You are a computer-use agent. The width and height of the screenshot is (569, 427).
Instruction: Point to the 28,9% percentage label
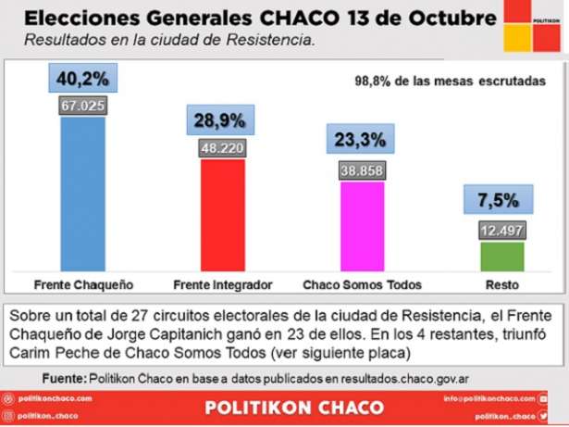(222, 121)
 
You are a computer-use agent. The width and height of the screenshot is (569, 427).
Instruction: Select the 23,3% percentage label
(362, 140)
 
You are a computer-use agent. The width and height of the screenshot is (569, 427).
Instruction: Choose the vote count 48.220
(222, 147)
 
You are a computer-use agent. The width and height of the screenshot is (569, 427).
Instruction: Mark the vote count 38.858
(362, 170)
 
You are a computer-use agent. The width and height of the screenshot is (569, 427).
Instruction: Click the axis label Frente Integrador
(222, 283)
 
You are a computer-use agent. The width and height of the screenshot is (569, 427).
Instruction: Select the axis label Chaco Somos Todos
(362, 283)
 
